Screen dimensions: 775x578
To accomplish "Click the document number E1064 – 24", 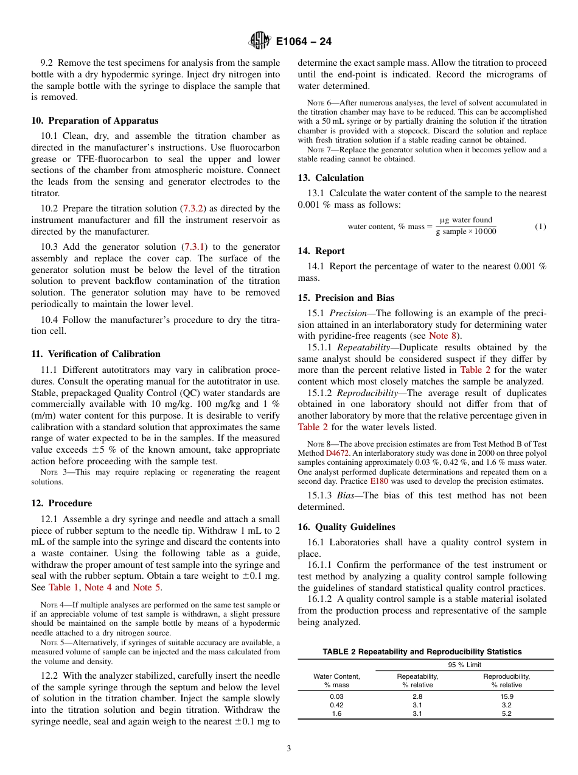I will click(x=304, y=42).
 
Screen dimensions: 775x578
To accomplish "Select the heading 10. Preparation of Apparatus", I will click(x=94, y=121).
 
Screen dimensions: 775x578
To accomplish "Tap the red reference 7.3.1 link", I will click(x=194, y=247).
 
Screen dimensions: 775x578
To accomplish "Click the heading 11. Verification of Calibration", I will click(x=96, y=354).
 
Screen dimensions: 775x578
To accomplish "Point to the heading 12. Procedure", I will click(x=61, y=503).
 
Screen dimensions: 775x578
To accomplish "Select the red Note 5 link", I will click(x=147, y=587).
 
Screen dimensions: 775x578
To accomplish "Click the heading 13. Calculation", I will click(x=330, y=178).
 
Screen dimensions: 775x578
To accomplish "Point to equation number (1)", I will click(x=540, y=226).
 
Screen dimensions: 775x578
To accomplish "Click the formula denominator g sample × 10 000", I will click(x=466, y=232).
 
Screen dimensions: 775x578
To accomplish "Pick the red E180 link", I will click(x=379, y=481).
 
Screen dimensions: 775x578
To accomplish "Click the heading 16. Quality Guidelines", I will click(x=346, y=527).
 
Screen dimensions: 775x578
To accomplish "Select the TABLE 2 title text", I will click(x=422, y=652).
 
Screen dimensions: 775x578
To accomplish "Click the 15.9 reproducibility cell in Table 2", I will click(x=506, y=696).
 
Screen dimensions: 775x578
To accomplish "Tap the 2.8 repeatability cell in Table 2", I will click(x=417, y=696).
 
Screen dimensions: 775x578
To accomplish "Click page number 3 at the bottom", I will click(x=289, y=749).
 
